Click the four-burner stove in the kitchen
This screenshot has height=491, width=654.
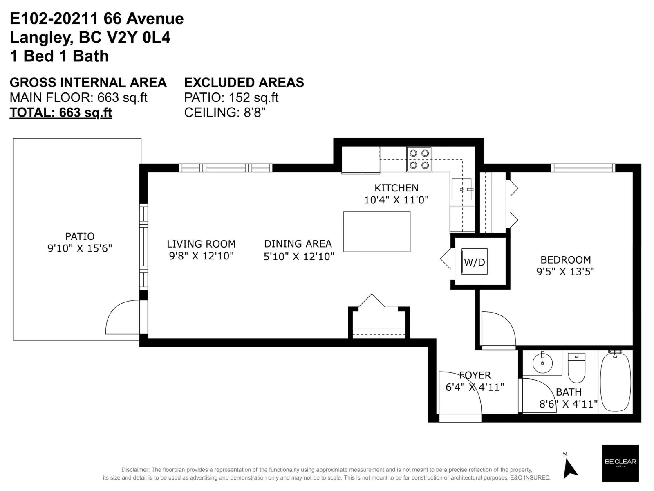pyautogui.click(x=419, y=159)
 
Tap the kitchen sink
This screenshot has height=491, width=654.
pyautogui.click(x=461, y=189)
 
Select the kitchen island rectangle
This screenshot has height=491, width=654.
pyautogui.click(x=376, y=232)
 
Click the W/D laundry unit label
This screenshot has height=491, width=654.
pyautogui.click(x=474, y=262)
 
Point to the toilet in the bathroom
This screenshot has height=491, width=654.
pyautogui.click(x=576, y=367)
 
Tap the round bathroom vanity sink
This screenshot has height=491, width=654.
pyautogui.click(x=542, y=363)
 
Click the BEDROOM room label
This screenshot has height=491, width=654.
pyautogui.click(x=566, y=260)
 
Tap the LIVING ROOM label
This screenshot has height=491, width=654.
pyautogui.click(x=201, y=244)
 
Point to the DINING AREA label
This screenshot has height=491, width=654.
pyautogui.click(x=298, y=244)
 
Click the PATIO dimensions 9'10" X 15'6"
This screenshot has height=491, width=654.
pyautogui.click(x=80, y=248)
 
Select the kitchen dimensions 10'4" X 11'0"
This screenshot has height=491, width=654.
pyautogui.click(x=396, y=200)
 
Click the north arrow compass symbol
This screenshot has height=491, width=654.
pyautogui.click(x=570, y=467)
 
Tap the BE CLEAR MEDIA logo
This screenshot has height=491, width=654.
pyautogui.click(x=620, y=463)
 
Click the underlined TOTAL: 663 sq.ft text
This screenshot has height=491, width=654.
pyautogui.click(x=61, y=113)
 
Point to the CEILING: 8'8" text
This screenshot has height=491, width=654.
pyautogui.click(x=225, y=113)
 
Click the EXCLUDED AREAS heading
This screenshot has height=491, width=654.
pyautogui.click(x=244, y=82)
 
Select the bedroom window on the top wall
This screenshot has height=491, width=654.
pyautogui.click(x=583, y=168)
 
